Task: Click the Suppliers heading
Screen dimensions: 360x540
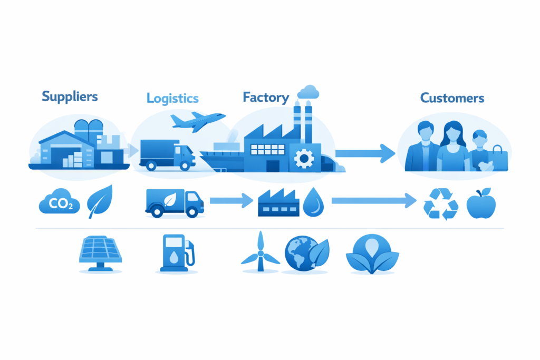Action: pyautogui.click(x=70, y=96)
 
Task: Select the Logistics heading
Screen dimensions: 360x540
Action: pyautogui.click(x=172, y=98)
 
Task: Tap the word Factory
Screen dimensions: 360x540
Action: pyautogui.click(x=266, y=98)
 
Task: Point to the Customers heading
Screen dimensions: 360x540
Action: pyautogui.click(x=452, y=98)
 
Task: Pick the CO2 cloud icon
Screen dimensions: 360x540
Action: pyautogui.click(x=60, y=202)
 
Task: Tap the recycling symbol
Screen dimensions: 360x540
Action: pyautogui.click(x=441, y=204)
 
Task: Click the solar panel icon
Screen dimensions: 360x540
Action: pyautogui.click(x=100, y=251)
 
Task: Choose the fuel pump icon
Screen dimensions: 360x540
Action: pyautogui.click(x=176, y=251)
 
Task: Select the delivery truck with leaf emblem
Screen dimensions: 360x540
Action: pyautogui.click(x=173, y=203)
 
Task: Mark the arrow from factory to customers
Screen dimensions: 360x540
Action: pyautogui.click(x=365, y=153)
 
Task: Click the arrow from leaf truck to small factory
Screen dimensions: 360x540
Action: pyautogui.click(x=231, y=200)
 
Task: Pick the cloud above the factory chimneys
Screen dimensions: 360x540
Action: pyautogui.click(x=308, y=92)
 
